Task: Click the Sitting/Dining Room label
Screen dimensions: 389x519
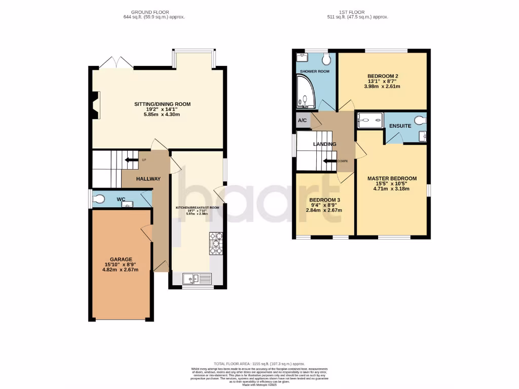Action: [162, 104]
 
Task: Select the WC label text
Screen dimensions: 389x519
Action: [121, 200]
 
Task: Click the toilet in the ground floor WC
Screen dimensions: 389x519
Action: [98, 198]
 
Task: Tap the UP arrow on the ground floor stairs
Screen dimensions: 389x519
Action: [133, 161]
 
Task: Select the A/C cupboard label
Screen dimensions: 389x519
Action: [303, 121]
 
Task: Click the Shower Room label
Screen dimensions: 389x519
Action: [315, 71]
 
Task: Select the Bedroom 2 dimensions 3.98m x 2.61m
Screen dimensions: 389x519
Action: [382, 86]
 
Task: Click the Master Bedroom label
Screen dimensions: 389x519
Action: [392, 178]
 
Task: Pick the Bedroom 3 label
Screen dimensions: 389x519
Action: [324, 200]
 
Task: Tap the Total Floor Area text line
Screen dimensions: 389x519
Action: [259, 364]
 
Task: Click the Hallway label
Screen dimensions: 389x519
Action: [148, 179]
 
